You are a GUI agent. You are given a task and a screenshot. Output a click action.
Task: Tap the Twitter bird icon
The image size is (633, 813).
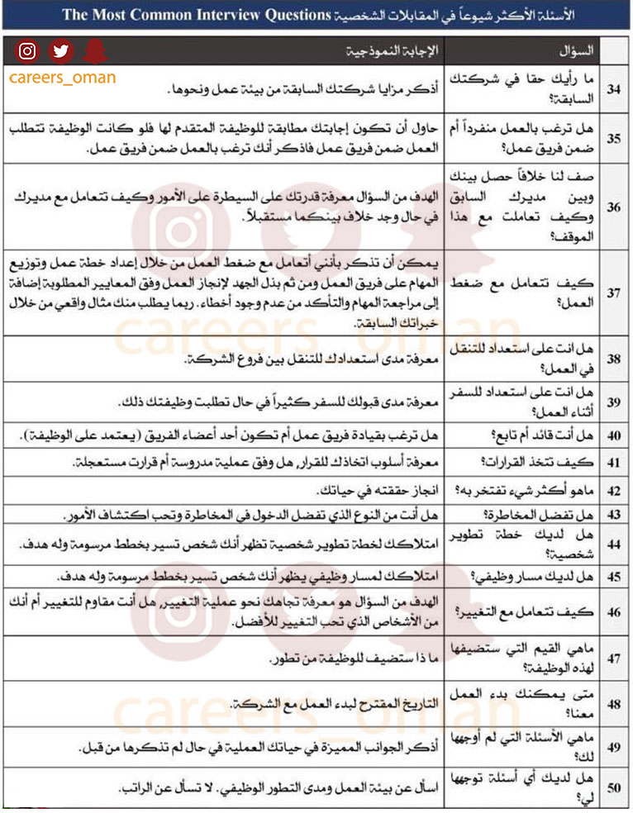click(60, 51)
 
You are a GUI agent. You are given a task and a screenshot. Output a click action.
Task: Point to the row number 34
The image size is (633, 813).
click(614, 88)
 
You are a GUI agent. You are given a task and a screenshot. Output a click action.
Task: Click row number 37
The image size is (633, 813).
click(614, 292)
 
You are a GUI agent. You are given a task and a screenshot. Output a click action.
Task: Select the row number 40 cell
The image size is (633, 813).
click(614, 435)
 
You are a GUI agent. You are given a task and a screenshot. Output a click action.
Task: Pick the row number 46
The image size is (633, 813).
click(614, 612)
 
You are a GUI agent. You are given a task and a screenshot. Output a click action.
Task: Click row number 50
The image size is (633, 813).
click(614, 788)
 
